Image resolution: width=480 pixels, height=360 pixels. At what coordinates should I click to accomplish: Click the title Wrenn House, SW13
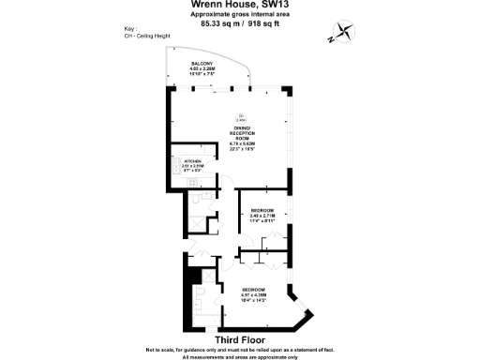(240, 6)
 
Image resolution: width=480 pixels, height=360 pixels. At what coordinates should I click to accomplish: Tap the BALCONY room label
(202, 64)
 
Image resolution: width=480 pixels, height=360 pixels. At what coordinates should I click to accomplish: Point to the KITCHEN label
(194, 160)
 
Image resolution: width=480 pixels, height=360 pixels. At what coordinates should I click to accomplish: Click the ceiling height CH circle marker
(241, 116)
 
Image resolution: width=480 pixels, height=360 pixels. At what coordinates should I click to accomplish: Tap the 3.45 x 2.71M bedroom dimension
(262, 216)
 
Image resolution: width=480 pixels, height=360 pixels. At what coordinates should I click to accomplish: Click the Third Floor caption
(240, 339)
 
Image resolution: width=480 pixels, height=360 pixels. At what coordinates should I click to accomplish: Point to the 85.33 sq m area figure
(216, 25)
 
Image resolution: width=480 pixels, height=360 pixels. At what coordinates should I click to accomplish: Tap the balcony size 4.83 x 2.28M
(202, 69)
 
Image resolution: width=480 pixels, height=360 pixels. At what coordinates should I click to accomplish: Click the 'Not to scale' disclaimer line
(240, 350)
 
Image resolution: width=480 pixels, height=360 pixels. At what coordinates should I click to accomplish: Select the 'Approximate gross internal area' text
(240, 16)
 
